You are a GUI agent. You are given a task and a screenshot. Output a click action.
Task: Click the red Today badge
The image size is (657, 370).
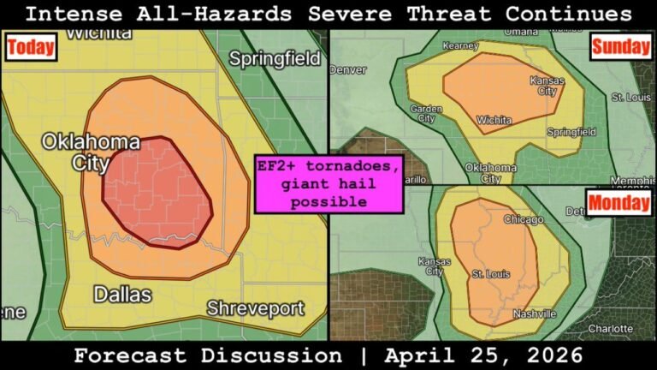tap(31, 49)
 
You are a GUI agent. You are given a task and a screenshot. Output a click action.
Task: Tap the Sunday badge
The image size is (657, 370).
tap(620, 46)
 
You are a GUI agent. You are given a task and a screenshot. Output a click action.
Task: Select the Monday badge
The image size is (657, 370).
tap(618, 205)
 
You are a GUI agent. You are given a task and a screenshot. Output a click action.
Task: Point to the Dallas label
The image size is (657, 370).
tap(122, 295)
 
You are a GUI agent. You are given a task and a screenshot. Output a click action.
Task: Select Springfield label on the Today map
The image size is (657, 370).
tap(275, 59)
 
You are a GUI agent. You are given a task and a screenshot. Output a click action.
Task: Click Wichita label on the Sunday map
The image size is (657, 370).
tap(492, 120)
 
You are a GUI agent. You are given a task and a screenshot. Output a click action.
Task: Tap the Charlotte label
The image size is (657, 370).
tap(611, 328)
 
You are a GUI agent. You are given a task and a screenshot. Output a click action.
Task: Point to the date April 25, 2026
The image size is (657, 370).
tap(485, 355)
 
